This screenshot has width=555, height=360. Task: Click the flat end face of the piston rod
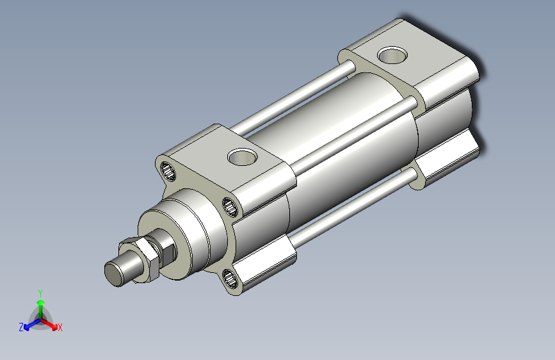click(x=113, y=274)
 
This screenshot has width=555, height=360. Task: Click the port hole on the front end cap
click(x=243, y=157)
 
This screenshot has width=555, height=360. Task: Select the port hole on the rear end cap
click(x=392, y=55)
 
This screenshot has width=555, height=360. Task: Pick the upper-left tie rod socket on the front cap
click(x=168, y=171)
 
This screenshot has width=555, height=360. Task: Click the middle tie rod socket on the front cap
click(x=230, y=207)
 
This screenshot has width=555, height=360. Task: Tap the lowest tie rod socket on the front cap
click(x=230, y=278)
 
